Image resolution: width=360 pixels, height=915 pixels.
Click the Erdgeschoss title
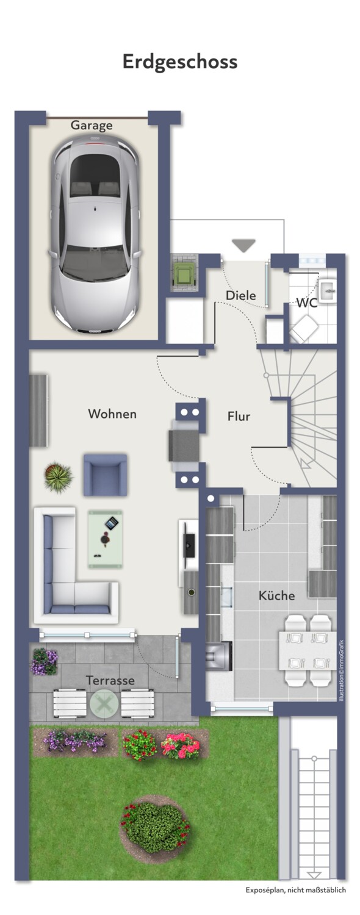pyautogui.click(x=180, y=62)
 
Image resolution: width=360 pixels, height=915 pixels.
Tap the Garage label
pyautogui.click(x=91, y=125)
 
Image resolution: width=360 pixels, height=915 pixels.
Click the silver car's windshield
pyautogui.click(x=95, y=264)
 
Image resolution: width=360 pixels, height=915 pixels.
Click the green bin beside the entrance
pyautogui.click(x=184, y=273)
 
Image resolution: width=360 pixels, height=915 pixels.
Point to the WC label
pyautogui.click(x=307, y=303)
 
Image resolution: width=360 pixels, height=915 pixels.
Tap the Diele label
pyautogui.click(x=240, y=295)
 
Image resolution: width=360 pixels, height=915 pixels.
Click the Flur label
pyautogui.click(x=239, y=416)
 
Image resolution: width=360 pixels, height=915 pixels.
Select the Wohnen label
pyautogui.click(x=112, y=414)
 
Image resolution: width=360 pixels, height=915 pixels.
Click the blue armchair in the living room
pyautogui.click(x=106, y=475)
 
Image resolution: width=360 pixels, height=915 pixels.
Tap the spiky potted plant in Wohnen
pyautogui.click(x=59, y=477)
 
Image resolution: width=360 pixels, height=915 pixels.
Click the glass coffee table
pyautogui.click(x=106, y=539)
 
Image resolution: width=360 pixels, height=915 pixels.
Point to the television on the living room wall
pyautogui.click(x=189, y=545)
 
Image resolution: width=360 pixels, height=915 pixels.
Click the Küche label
pyautogui.click(x=276, y=595)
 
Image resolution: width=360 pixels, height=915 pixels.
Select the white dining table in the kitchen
pyautogui.click(x=308, y=650)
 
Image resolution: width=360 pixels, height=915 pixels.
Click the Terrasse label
pyautogui.click(x=110, y=681)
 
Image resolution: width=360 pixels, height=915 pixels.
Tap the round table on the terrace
pyautogui.click(x=104, y=703)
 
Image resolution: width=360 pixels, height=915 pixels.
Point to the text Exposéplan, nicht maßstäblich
pyautogui.click(x=296, y=890)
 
